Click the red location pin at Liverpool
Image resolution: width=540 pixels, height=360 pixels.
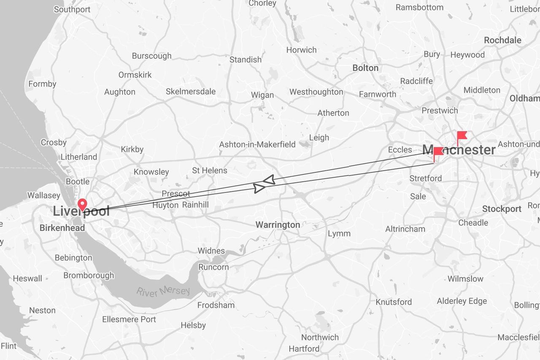tap(82, 204)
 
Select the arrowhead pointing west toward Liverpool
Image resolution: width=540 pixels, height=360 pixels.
tap(268, 180)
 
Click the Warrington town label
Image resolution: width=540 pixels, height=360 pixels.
tap(278, 225)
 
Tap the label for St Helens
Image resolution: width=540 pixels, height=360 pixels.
tap(210, 171)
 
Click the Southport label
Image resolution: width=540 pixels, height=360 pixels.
tap(72, 9)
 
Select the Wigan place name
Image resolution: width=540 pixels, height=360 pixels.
tap(262, 95)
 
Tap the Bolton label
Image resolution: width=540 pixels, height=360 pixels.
tap(365, 68)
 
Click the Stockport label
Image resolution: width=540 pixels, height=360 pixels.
tap(502, 209)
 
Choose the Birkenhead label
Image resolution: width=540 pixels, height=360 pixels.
tap(62, 228)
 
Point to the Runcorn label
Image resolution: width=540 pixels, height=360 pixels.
tap(213, 267)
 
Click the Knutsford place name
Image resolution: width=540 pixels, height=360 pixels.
tap(394, 302)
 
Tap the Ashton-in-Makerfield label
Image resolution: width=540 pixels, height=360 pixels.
tap(257, 144)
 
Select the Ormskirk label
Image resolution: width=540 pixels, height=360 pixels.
tap(135, 75)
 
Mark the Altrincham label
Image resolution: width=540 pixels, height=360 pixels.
tap(405, 229)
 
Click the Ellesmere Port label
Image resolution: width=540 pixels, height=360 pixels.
tap(129, 319)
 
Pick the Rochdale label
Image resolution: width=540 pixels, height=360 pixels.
tap(502, 40)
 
